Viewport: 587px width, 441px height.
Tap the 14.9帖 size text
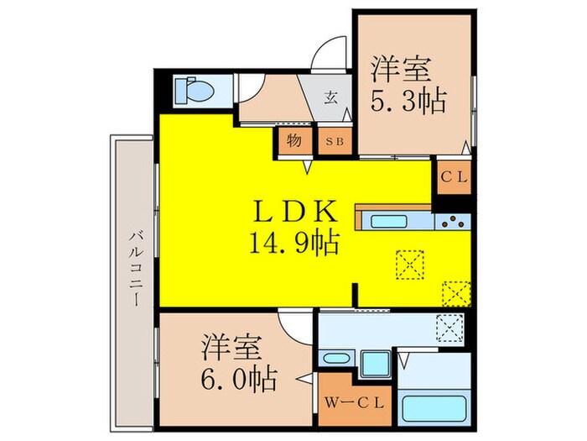tap(293, 243)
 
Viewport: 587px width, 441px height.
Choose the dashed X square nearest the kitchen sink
tap(409, 264)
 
